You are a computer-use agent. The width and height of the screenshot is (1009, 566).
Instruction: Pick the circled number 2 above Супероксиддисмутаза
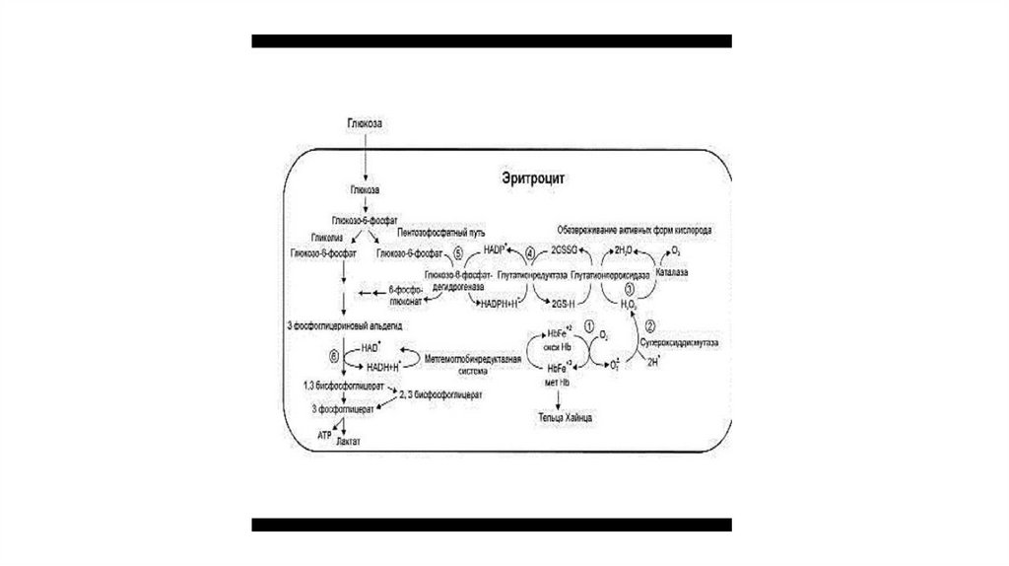point(650,325)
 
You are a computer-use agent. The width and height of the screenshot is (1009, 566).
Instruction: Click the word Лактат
point(348,443)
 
